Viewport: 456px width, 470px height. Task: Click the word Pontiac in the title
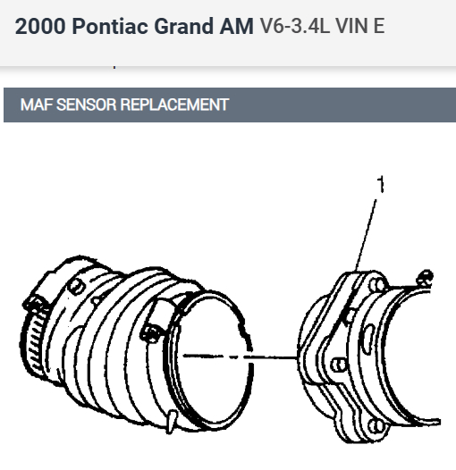pyautogui.click(x=110, y=26)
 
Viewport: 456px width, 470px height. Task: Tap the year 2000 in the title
pyautogui.click(x=40, y=26)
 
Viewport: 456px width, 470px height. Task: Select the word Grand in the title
pyautogui.click(x=183, y=26)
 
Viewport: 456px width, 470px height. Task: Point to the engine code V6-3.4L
pyautogui.click(x=294, y=26)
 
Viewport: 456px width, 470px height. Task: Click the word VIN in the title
pyautogui.click(x=351, y=26)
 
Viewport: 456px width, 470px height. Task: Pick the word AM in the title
pyautogui.click(x=236, y=26)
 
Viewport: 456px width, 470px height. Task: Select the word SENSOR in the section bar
pyautogui.click(x=87, y=105)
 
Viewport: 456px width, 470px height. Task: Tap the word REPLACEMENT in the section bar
pyautogui.click(x=174, y=105)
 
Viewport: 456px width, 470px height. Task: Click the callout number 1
pyautogui.click(x=380, y=184)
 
